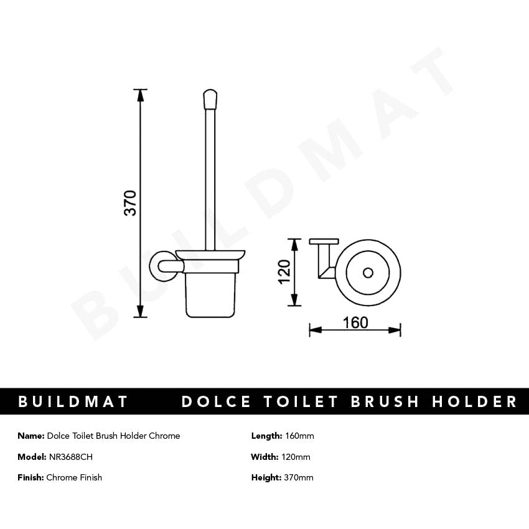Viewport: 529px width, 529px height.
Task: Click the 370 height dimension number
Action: [x=130, y=203]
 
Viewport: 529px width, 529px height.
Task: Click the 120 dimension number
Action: [x=284, y=271]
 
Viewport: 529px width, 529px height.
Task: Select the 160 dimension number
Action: [x=355, y=322]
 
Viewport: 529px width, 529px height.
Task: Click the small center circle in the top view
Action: [x=367, y=273]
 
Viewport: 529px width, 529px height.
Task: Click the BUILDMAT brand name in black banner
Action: [x=73, y=401]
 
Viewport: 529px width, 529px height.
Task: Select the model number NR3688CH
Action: [x=71, y=457]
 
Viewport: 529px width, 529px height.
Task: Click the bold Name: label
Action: [x=30, y=436]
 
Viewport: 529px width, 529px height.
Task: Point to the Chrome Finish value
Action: [x=74, y=477]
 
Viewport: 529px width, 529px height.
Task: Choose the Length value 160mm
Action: [x=299, y=436]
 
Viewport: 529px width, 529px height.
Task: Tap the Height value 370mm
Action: [x=298, y=477]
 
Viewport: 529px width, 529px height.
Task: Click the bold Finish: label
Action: [x=30, y=477]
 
